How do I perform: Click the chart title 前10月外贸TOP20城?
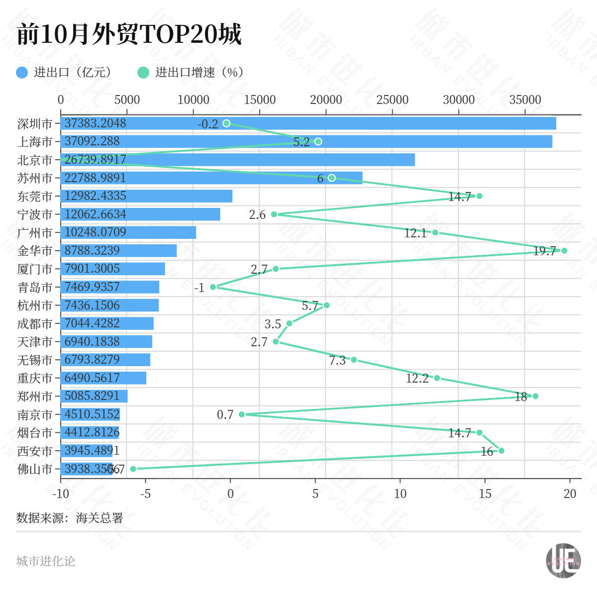129,34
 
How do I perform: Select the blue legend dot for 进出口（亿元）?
22,73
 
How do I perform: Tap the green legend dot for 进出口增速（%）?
143,73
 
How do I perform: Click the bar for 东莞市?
146,196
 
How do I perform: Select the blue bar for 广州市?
128,232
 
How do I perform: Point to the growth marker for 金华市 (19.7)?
564,250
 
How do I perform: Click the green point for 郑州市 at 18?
535,396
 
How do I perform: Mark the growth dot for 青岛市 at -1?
213,287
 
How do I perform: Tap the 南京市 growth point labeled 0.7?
242,414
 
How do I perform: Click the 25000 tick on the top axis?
392,99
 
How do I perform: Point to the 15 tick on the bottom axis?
485,494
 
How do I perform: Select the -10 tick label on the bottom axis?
61,494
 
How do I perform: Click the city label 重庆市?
35,378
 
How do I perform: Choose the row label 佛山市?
35,469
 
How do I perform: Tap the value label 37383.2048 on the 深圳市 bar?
96,123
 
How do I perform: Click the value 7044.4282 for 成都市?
92,323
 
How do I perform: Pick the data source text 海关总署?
99,518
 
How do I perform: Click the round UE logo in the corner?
563,561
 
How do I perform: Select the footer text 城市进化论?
46,561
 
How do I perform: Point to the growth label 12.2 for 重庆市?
417,379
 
